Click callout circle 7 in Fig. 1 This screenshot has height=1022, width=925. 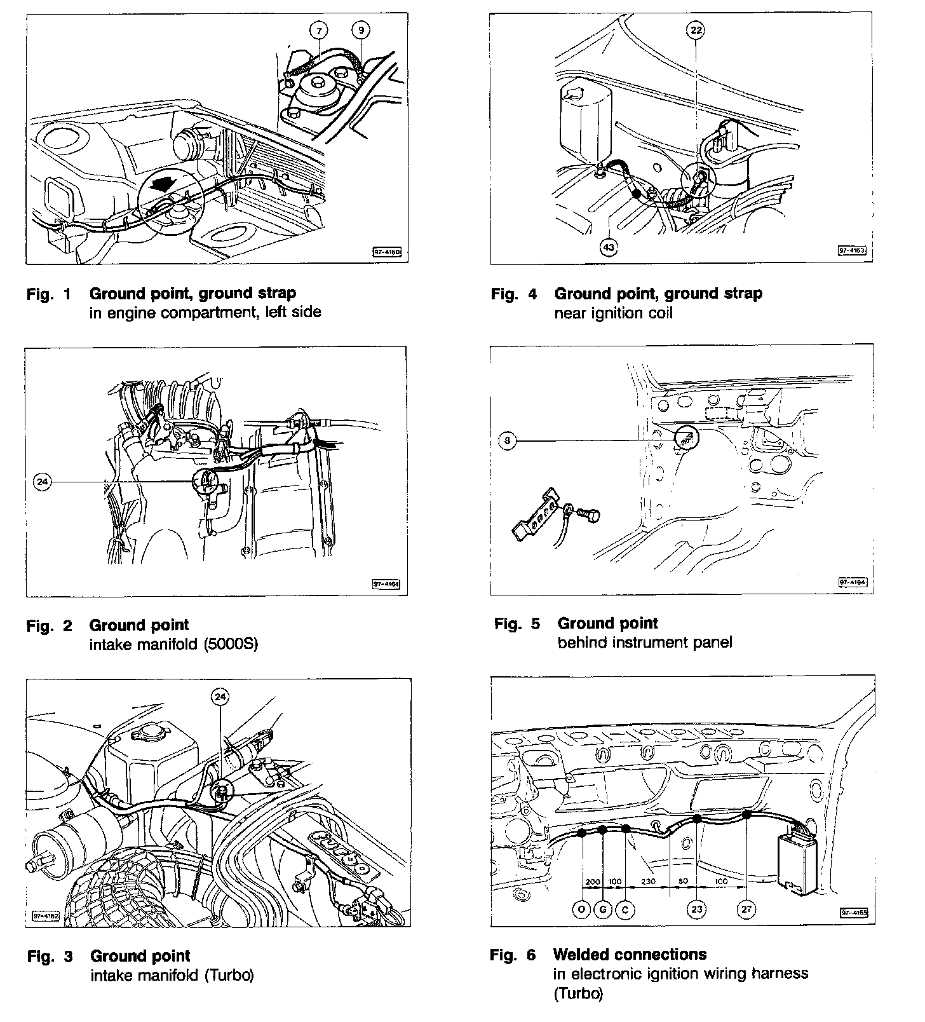point(320,29)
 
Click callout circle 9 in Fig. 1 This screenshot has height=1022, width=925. point(361,29)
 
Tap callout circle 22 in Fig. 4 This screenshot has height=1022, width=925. point(696,29)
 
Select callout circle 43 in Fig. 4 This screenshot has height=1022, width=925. point(609,247)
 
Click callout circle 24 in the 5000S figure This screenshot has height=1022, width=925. point(42,482)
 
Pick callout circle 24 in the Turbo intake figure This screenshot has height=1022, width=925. point(220,697)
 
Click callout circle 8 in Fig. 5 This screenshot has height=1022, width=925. point(508,440)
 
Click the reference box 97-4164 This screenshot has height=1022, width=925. point(853,582)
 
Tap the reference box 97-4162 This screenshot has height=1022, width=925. point(45,916)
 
